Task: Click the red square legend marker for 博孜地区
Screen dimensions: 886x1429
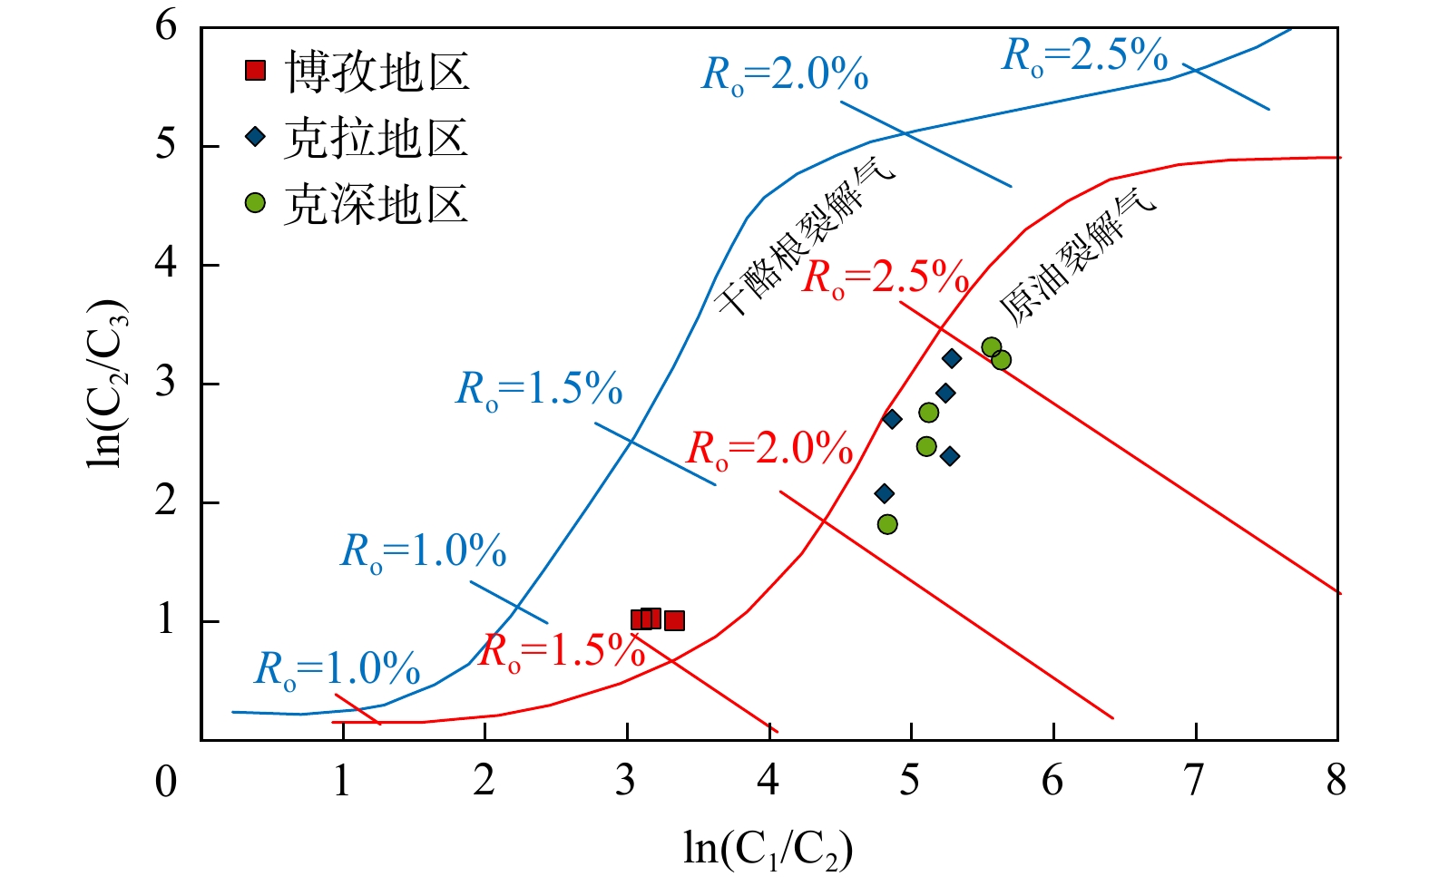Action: click(256, 71)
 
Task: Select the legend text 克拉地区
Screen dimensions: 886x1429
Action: click(377, 139)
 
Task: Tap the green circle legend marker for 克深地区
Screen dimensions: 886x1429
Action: click(256, 203)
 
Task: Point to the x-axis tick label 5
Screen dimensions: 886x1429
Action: click(910, 780)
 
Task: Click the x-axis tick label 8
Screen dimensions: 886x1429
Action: click(1336, 780)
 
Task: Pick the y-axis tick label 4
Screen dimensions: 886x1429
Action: click(165, 265)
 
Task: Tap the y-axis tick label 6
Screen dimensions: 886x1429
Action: click(165, 26)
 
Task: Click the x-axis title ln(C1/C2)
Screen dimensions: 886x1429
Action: click(768, 849)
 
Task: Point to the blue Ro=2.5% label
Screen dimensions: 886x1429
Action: click(1084, 55)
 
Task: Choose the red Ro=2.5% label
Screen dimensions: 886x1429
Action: click(886, 277)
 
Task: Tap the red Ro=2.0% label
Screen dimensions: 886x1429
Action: click(770, 449)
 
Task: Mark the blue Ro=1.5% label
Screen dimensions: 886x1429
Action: click(539, 389)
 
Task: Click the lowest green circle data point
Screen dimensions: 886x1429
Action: click(888, 524)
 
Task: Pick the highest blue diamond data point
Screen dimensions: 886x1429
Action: click(952, 358)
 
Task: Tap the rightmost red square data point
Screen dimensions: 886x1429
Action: click(674, 621)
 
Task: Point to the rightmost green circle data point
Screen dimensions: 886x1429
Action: click(1002, 360)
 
